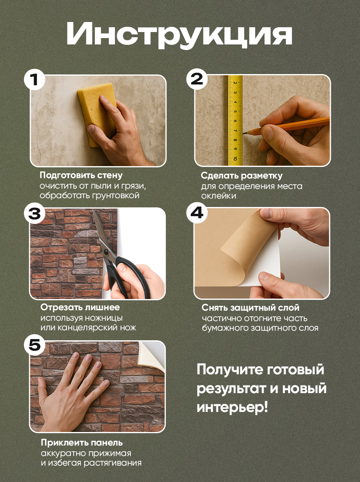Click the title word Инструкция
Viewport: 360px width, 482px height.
(180, 35)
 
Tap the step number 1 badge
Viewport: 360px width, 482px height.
(34, 80)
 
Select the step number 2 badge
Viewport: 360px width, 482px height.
(197, 80)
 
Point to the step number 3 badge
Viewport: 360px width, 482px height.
(34, 213)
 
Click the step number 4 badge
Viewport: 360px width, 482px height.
(197, 213)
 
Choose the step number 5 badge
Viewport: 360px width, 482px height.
(34, 345)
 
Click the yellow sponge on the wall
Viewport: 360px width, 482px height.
(97, 114)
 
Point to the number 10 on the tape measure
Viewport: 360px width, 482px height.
(235, 158)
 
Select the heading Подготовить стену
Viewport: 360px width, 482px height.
(81, 175)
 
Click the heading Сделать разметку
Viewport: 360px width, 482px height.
(242, 175)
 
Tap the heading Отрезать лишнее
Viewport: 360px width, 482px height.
(80, 307)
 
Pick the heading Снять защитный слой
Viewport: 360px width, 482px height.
(250, 307)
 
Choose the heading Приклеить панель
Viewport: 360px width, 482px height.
(82, 442)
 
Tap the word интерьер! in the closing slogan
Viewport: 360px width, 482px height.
(232, 408)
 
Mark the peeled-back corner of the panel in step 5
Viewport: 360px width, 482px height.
(150, 354)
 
